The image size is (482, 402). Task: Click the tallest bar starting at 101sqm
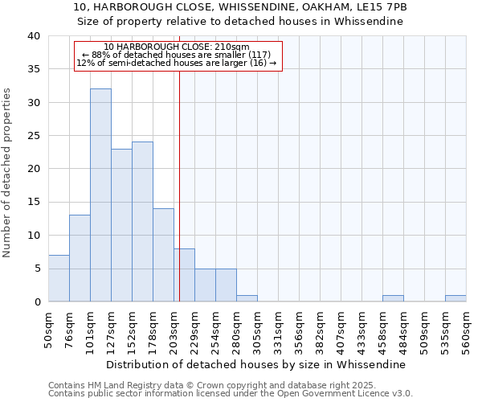coord(100,195)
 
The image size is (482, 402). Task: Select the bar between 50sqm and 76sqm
coord(59,278)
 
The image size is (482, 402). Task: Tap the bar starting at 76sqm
coord(80,258)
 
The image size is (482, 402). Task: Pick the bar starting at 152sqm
coord(142,222)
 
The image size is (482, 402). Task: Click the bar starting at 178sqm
coord(163,255)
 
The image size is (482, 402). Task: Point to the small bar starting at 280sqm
coord(247,298)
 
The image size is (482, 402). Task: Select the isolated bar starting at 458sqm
coord(393,298)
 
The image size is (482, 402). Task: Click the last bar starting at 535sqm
coord(455,298)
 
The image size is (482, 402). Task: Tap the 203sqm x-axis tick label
coord(174,328)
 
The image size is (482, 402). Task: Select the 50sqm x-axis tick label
coord(49,328)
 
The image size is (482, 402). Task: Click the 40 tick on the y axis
coord(35,36)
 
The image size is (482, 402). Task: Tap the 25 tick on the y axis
coord(35,136)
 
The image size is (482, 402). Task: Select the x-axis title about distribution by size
coord(255,364)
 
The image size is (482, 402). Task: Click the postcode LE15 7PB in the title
coord(382,7)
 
